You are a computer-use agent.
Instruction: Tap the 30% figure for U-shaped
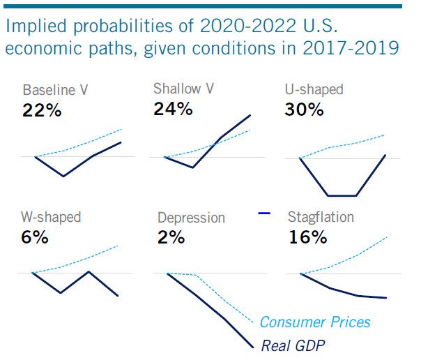305,110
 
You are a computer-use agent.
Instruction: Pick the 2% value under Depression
171,237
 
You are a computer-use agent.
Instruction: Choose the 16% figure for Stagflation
307,237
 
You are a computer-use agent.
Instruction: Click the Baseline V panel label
55,91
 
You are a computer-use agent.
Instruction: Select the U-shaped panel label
314,90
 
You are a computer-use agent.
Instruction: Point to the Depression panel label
191,218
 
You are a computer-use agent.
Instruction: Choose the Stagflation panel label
321,217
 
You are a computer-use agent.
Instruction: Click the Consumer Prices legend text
315,322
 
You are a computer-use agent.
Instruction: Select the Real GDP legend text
293,345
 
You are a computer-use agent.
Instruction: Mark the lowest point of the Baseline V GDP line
63,176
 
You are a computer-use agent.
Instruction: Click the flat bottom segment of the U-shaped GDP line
342,195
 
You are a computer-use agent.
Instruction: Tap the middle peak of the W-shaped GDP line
88,271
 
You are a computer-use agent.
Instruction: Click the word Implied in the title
32,27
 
